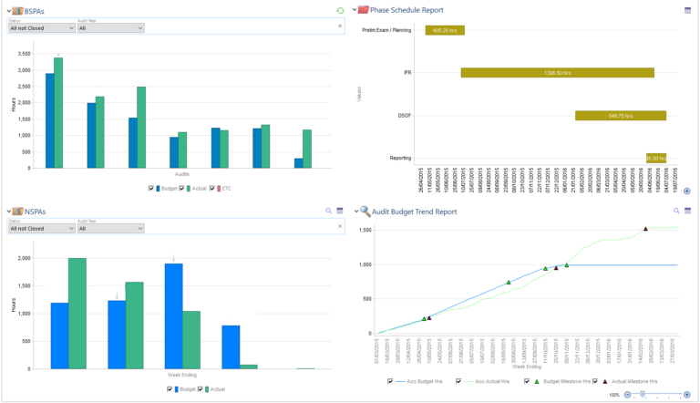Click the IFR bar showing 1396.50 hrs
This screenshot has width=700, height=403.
[557, 72]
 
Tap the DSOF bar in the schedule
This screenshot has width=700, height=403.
[620, 116]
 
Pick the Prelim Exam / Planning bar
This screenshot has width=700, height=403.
[445, 30]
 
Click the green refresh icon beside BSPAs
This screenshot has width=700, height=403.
[340, 10]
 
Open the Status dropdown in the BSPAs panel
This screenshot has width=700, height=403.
[41, 28]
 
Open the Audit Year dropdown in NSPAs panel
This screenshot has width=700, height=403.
[110, 229]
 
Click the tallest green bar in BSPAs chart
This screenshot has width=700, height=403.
[58, 113]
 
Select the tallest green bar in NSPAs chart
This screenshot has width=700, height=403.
[77, 313]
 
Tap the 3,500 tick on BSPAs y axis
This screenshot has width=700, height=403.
[25, 55]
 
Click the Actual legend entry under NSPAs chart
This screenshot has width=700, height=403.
[216, 388]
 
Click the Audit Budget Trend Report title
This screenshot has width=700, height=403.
[415, 211]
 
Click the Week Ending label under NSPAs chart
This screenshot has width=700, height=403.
[181, 374]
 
